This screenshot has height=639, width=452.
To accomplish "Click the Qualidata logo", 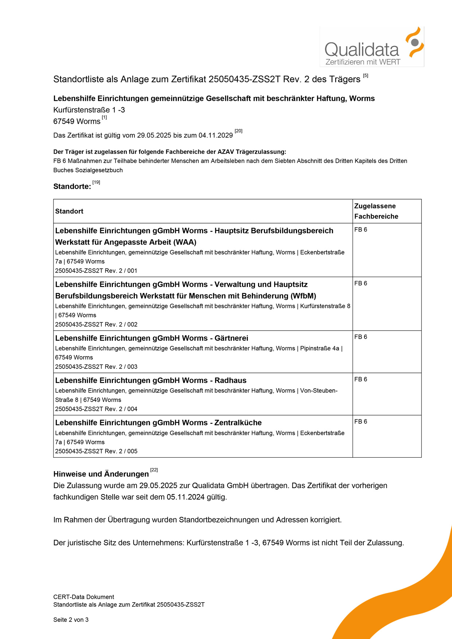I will [372, 47].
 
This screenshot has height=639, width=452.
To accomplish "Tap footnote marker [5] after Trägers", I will [366, 76].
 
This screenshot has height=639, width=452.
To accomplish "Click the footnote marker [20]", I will [238, 131].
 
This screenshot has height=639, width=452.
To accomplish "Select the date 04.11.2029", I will [215, 135].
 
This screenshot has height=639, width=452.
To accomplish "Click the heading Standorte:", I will [72, 186].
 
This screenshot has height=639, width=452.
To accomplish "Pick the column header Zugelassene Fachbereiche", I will [376, 211].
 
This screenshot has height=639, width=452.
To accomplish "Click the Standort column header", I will [69, 211].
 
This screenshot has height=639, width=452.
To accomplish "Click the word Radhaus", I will [230, 380].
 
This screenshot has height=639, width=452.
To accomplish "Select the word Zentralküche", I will [238, 423].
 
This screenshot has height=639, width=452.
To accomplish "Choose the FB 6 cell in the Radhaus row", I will [361, 379].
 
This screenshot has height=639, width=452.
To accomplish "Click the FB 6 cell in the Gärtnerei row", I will [361, 337].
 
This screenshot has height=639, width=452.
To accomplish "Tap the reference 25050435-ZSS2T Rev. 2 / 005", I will [96, 451].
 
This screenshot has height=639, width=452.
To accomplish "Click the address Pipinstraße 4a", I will [320, 348].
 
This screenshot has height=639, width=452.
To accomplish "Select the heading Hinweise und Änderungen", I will [101, 474].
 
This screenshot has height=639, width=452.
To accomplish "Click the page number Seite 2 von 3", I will [71, 620].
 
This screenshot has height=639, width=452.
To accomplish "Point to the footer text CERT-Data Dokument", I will [83, 597].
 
